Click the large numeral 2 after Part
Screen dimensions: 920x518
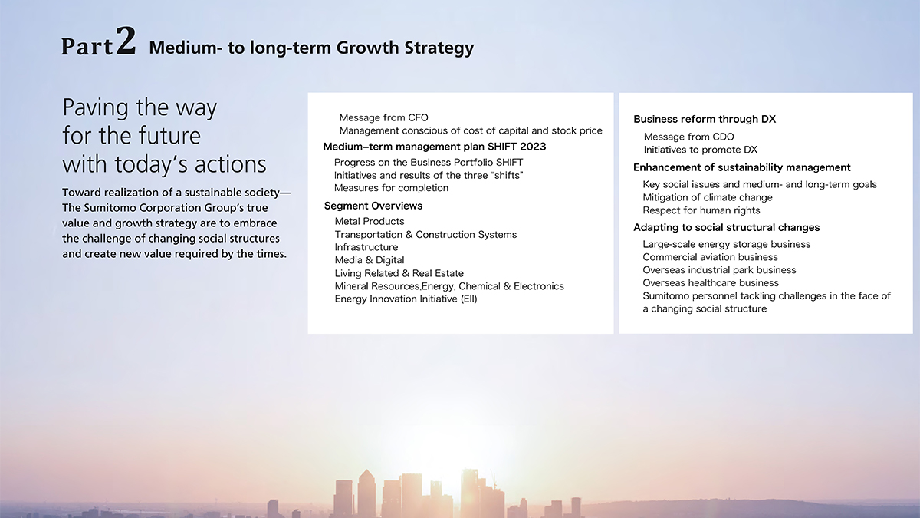126,40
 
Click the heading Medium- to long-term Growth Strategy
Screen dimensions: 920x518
311,48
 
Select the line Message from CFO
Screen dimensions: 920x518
383,117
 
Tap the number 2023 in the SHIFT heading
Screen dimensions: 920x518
533,147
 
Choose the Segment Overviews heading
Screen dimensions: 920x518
373,206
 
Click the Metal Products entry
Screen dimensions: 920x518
370,221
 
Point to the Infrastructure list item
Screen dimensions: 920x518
366,247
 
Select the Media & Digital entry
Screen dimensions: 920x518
370,260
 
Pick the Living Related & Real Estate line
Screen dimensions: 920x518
399,273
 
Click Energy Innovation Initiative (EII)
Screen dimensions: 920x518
406,299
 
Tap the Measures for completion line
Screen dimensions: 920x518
391,188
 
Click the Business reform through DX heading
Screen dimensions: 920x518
705,119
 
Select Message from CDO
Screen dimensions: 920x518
688,137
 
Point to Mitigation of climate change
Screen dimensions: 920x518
707,197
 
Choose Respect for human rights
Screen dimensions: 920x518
701,210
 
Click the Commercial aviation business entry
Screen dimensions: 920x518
710,257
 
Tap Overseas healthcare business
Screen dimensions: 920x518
711,283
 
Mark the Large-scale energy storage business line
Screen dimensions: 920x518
727,244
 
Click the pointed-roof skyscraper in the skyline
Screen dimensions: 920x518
366,493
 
